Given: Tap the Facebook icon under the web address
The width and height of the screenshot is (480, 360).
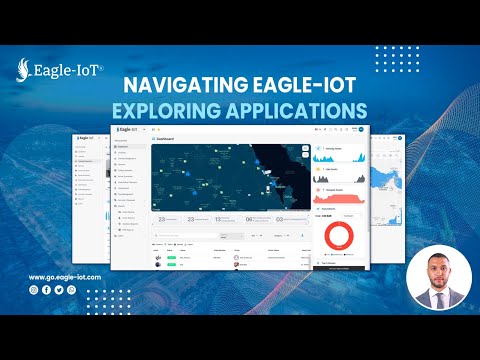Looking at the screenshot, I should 47,289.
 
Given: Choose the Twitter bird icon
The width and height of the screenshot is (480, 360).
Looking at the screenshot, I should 59,289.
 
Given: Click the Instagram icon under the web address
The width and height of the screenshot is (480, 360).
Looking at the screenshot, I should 34,289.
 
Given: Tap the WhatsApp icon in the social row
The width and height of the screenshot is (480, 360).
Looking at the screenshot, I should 71,289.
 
